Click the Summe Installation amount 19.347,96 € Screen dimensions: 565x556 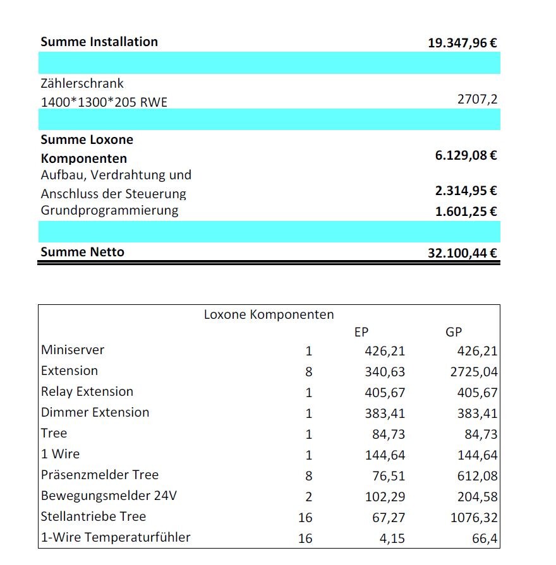[462, 44]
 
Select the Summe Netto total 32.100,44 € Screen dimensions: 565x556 [462, 254]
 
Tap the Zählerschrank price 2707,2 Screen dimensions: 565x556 [477, 100]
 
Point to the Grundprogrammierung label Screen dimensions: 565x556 [109, 210]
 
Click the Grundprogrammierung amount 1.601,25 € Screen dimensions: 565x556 [466, 211]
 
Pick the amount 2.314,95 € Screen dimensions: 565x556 [466, 191]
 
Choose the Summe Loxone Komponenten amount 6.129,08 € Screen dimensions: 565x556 [466, 155]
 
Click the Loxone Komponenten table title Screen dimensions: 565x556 [269, 314]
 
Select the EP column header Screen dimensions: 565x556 [361, 332]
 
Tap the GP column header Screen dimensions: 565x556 [454, 332]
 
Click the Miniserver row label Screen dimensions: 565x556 [73, 350]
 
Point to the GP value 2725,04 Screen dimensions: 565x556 [474, 372]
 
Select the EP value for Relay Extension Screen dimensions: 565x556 [385, 393]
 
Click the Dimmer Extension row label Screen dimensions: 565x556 [95, 412]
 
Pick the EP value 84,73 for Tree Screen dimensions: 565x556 [389, 434]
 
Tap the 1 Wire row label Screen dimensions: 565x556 [61, 454]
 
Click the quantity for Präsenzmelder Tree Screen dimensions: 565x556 [308, 476]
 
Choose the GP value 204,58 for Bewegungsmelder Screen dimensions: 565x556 [477, 497]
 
